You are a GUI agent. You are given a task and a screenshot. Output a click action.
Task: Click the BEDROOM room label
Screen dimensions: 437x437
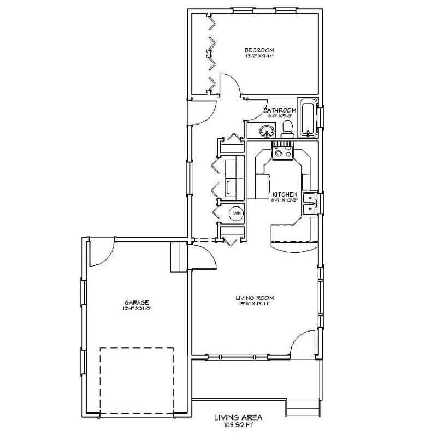(x=259, y=50)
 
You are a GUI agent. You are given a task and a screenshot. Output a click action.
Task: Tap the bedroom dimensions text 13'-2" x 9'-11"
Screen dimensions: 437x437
(x=259, y=56)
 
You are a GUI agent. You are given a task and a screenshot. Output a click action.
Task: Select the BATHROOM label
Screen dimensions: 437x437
(x=280, y=110)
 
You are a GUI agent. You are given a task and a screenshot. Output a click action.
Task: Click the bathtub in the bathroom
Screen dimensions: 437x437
(x=308, y=117)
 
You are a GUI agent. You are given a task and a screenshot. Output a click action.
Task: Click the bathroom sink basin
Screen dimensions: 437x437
(x=267, y=131)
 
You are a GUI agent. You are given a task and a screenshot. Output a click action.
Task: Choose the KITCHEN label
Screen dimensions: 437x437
(x=285, y=194)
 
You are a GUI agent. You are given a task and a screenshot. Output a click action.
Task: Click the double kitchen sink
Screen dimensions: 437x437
(x=309, y=202)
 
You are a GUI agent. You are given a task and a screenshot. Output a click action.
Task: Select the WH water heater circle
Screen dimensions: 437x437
(x=235, y=213)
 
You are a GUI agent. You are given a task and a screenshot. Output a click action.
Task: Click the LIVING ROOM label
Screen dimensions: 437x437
(x=255, y=298)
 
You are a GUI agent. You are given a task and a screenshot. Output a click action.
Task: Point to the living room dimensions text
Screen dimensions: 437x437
(x=255, y=304)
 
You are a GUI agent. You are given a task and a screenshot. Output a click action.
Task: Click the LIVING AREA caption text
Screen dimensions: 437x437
(x=238, y=417)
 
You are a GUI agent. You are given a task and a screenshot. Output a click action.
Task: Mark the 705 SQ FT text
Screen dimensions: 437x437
(x=238, y=424)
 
